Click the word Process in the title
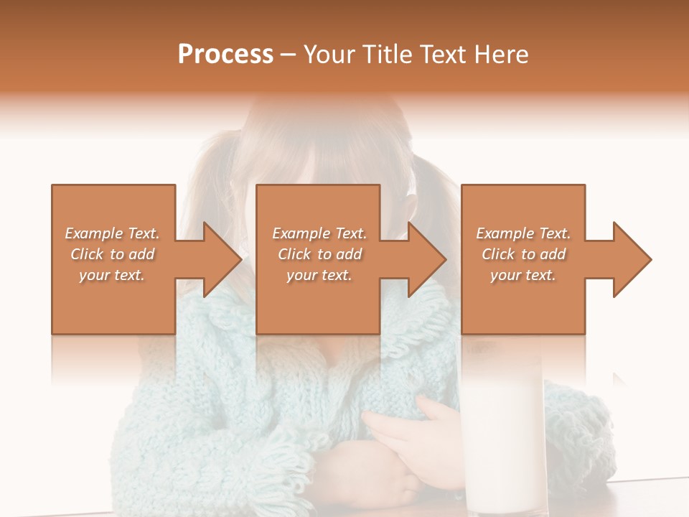(x=225, y=55)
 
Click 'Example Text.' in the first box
(x=112, y=233)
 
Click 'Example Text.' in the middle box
(x=319, y=233)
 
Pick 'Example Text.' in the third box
(x=523, y=233)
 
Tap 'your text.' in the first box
(x=112, y=275)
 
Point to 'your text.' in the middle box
(x=319, y=275)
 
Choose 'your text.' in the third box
(x=523, y=275)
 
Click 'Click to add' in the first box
(x=112, y=254)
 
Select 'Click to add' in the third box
(x=523, y=254)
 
